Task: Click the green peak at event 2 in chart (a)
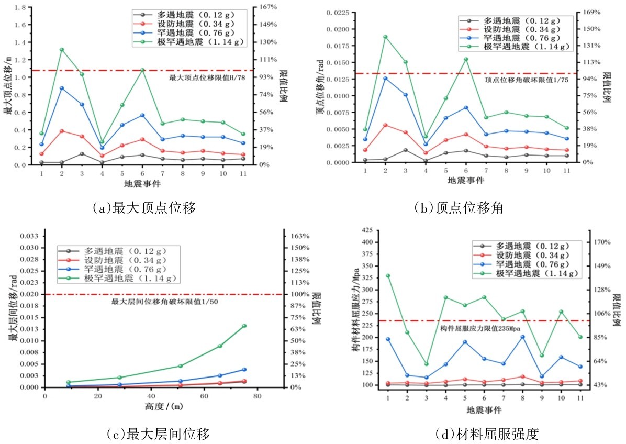pyautogui.click(x=61, y=50)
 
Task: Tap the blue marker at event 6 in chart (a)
pyautogui.click(x=142, y=115)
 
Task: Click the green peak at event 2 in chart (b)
pyautogui.click(x=385, y=37)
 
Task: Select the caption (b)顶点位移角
pyautogui.click(x=459, y=208)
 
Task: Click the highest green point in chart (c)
pyautogui.click(x=244, y=326)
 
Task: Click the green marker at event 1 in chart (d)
pyautogui.click(x=388, y=275)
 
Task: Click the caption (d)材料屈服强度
pyautogui.click(x=487, y=434)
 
